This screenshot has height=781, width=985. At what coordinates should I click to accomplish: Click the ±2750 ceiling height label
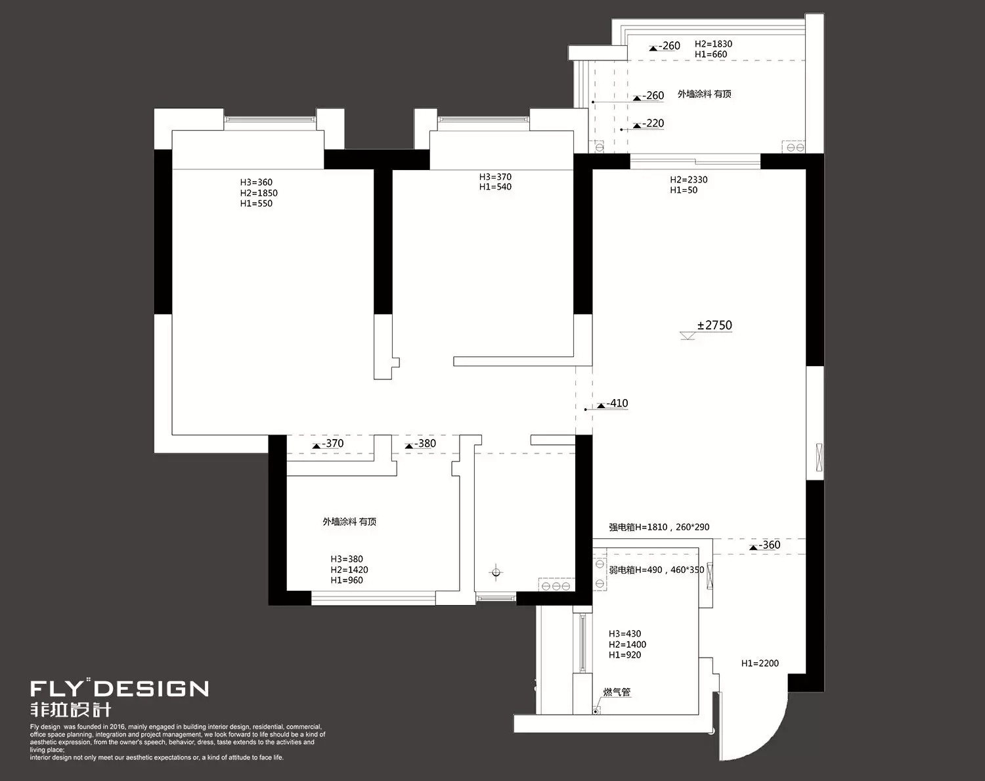click(x=714, y=326)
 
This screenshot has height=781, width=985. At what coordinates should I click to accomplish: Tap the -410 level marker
click(x=613, y=404)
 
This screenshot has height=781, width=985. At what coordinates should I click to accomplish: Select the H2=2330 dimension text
click(x=689, y=180)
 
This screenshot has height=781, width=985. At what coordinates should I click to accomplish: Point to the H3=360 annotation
click(x=256, y=182)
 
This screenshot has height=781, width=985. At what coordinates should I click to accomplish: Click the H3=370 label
click(x=495, y=177)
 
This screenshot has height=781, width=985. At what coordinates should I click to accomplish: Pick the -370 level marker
click(x=328, y=444)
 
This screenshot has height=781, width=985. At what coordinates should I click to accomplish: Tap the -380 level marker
click(x=421, y=444)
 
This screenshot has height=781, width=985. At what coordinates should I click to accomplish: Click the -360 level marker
click(x=765, y=545)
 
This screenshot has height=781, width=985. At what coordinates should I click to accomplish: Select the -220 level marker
click(x=649, y=123)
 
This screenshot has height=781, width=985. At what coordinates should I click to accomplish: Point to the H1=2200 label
click(x=760, y=663)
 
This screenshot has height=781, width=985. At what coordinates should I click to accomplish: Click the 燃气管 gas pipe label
click(x=617, y=692)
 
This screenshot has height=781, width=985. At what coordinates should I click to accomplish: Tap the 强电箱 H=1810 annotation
click(x=659, y=527)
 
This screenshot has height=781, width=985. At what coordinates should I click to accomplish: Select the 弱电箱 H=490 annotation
click(x=657, y=570)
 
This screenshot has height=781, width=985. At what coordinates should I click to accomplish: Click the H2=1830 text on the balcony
click(x=714, y=44)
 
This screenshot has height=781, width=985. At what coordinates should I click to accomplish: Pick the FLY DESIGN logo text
click(x=120, y=688)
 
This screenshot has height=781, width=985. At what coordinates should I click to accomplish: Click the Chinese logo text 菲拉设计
click(x=70, y=709)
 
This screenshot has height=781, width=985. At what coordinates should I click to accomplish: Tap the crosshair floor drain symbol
click(x=496, y=572)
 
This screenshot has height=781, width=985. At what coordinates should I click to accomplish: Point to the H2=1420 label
click(x=349, y=570)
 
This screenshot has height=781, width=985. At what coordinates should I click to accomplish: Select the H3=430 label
click(x=624, y=634)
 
